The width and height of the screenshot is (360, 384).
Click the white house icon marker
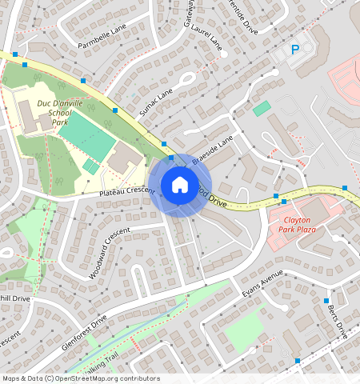tap(180, 185)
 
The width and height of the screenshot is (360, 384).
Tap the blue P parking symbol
tap(294, 50)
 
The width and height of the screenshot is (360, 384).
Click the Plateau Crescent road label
tap(126, 191)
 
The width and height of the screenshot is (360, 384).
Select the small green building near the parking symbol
tap(262, 108)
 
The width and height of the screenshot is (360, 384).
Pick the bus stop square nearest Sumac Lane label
tap(115, 110)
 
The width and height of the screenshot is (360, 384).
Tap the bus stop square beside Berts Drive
tap(326, 301)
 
